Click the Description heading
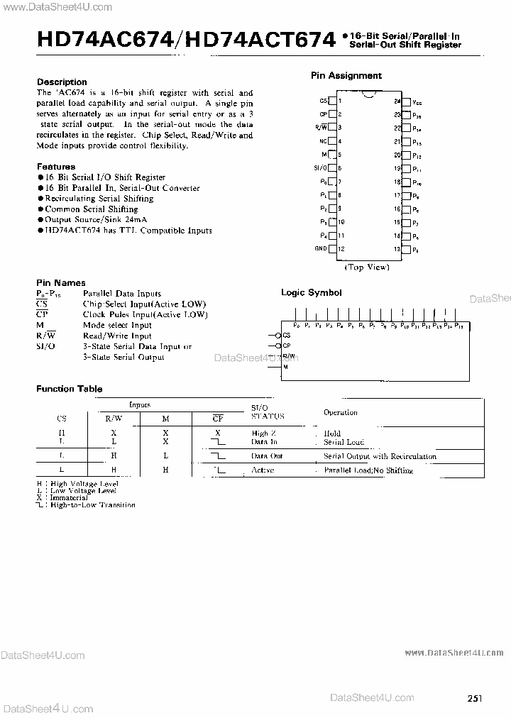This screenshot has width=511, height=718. tap(62, 82)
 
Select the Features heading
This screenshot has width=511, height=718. tap(55, 167)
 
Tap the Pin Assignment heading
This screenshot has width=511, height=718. tap(346, 75)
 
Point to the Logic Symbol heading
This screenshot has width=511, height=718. tap(311, 292)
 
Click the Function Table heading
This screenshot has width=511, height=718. tap(69, 389)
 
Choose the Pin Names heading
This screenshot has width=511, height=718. tap(60, 283)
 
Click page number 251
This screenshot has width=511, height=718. tap(475, 698)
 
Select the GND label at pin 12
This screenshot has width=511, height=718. tap(320, 249)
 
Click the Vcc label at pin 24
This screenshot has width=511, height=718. tap(417, 101)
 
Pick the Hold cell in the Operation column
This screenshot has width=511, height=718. tap(332, 433)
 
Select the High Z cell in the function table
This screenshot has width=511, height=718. tap(260, 433)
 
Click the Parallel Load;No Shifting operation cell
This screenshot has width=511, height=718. tap(368, 470)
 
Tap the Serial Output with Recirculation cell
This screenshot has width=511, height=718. tap(380, 456)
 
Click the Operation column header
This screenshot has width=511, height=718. tap(341, 412)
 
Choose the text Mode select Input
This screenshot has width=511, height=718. tap(117, 325)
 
